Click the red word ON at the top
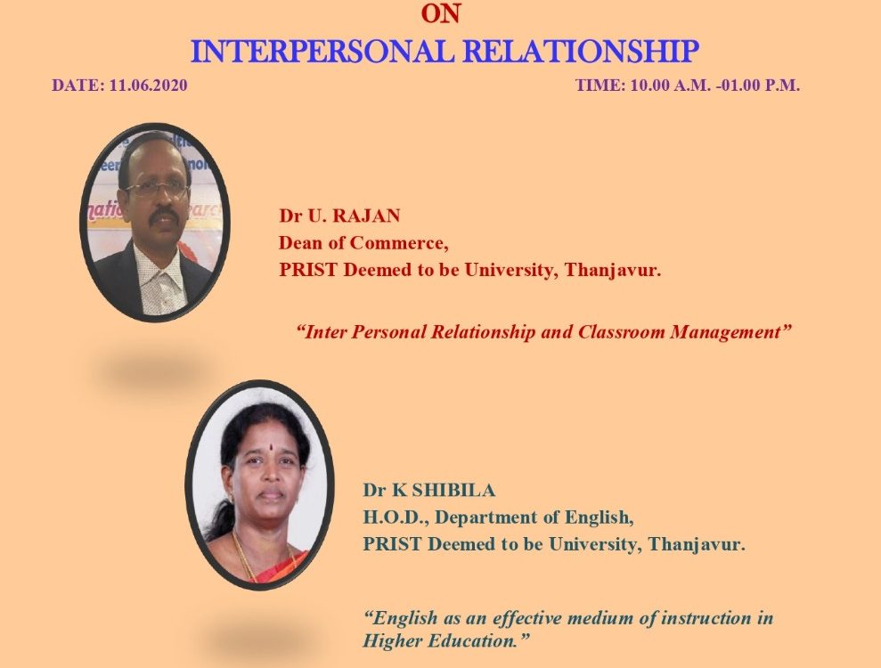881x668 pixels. [x=441, y=13]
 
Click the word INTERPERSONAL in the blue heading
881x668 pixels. [x=322, y=52]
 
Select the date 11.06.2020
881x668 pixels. [x=149, y=86]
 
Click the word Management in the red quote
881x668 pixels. [x=731, y=332]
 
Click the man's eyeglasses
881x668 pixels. [x=157, y=190]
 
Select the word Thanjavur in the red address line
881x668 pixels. [x=613, y=271]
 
